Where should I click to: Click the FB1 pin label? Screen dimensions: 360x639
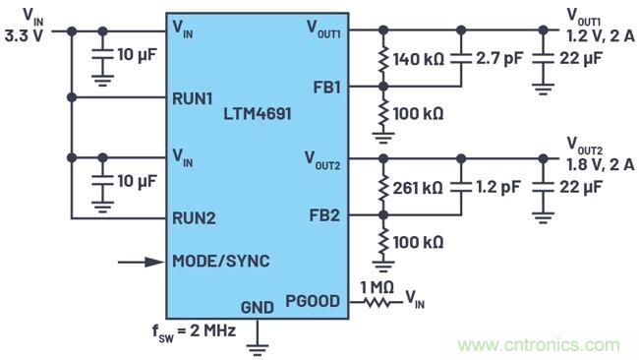tap(322, 86)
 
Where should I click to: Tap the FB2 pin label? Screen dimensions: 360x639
tap(322, 214)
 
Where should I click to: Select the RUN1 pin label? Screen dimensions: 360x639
tap(194, 97)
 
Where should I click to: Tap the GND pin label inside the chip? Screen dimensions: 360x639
tap(258, 306)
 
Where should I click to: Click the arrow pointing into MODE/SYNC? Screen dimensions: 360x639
tap(141, 262)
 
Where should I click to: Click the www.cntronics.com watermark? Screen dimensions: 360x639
tap(540, 345)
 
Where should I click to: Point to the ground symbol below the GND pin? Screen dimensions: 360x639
tap(258, 344)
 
